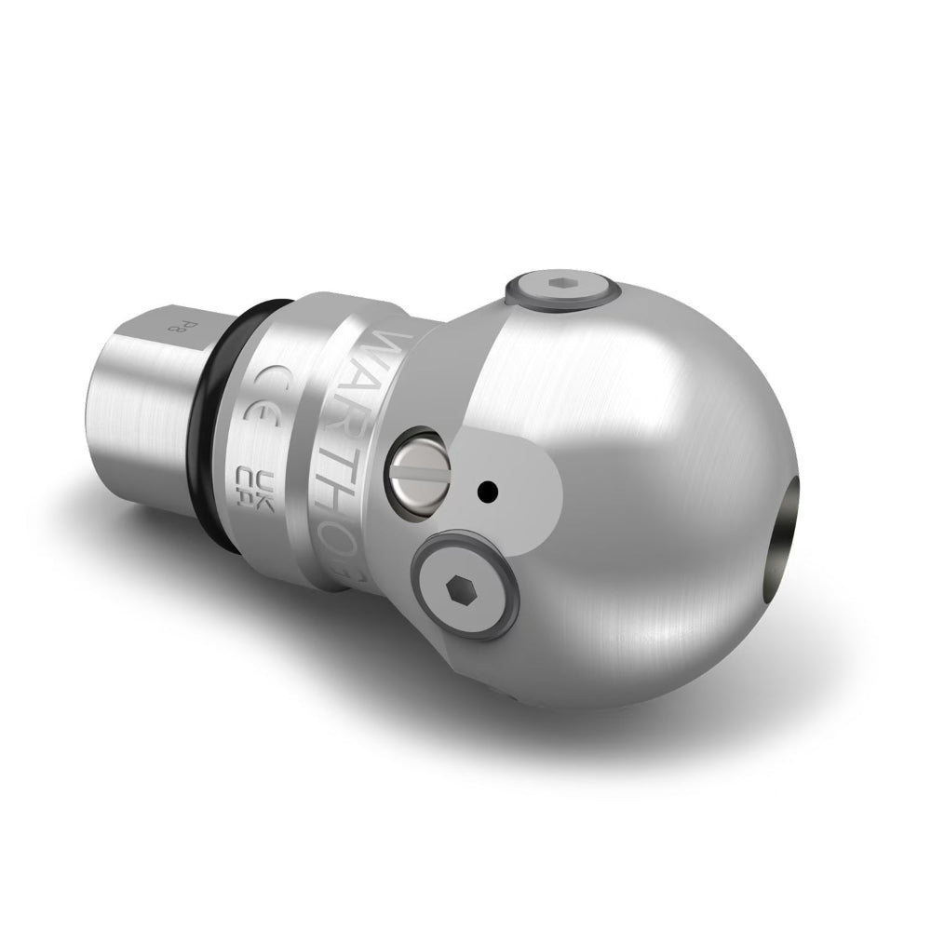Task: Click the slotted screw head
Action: coord(418,470)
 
